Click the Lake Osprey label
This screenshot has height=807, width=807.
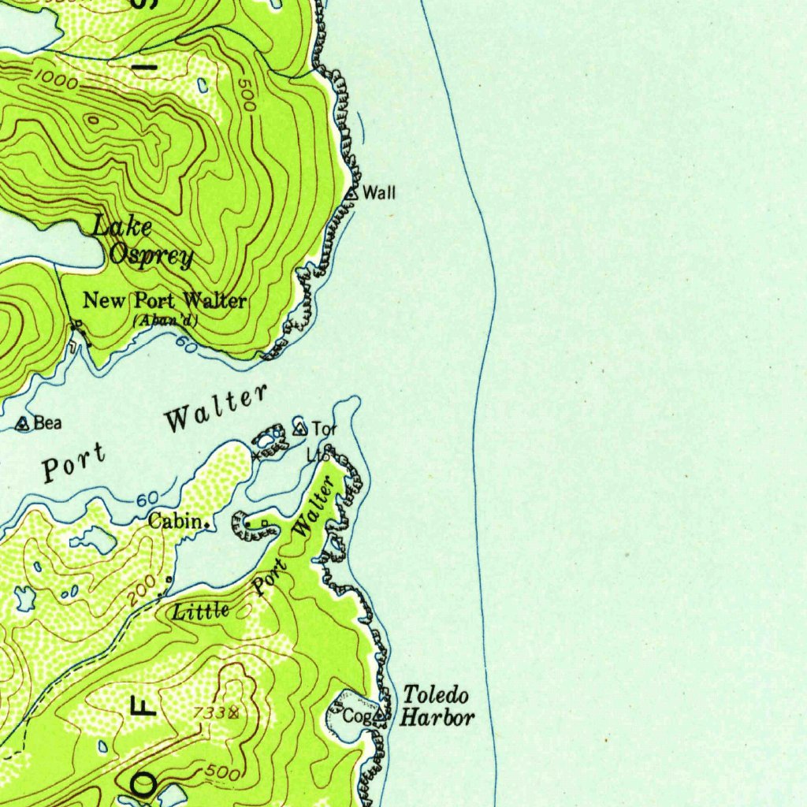point(142,241)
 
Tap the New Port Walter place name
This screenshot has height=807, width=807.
point(165,300)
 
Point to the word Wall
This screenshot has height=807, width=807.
point(378,192)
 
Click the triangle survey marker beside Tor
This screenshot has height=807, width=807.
point(299,429)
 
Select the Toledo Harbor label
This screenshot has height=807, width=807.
point(437,706)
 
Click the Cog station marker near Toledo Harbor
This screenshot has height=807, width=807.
point(379,716)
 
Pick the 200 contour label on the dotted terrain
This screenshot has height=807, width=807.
point(139,596)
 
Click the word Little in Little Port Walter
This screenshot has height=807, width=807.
point(201,610)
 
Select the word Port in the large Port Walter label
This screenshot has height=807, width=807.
point(73,463)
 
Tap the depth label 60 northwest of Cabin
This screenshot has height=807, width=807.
point(147,500)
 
